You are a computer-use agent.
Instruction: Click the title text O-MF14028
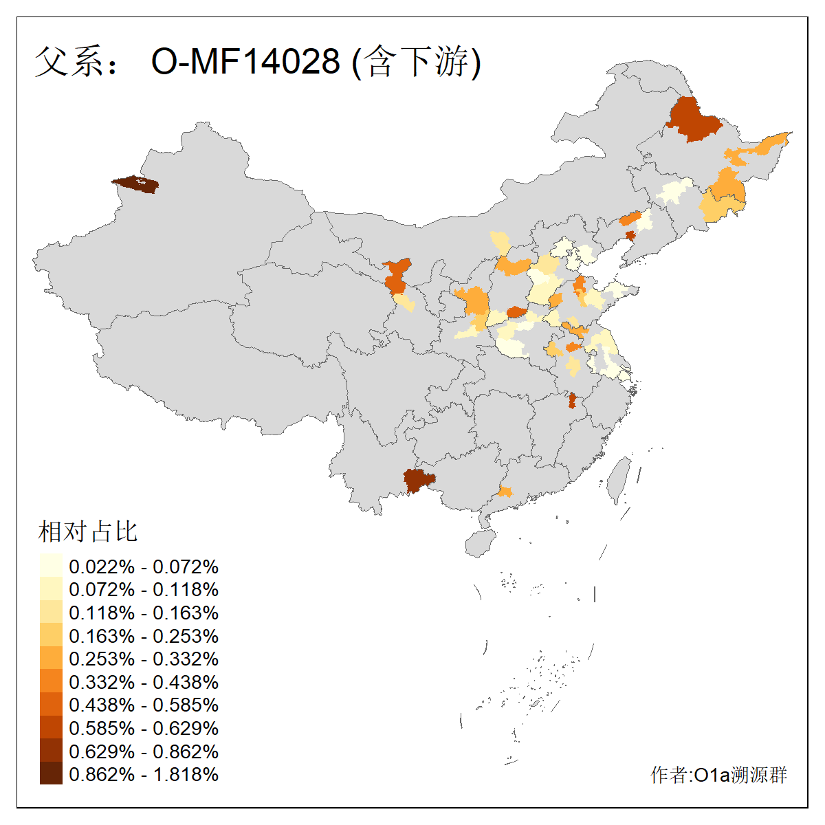pyautogui.click(x=245, y=62)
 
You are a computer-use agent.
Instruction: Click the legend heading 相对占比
pyautogui.click(x=88, y=531)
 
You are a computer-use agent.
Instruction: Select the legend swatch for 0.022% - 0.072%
pyautogui.click(x=51, y=566)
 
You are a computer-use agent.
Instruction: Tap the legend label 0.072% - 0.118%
pyautogui.click(x=144, y=589)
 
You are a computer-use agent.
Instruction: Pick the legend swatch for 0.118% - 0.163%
pyautogui.click(x=51, y=612)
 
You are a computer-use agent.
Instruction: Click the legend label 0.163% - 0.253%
pyautogui.click(x=144, y=636)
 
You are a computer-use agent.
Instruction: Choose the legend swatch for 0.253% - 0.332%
pyautogui.click(x=51, y=659)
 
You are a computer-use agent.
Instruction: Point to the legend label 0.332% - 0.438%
pyautogui.click(x=144, y=682)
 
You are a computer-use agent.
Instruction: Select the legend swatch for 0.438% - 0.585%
pyautogui.click(x=51, y=705)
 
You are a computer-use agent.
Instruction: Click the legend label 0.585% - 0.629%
pyautogui.click(x=144, y=728)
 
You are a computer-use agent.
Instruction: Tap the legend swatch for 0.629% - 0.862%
pyautogui.click(x=51, y=751)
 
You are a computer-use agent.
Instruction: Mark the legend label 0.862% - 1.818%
pyautogui.click(x=144, y=774)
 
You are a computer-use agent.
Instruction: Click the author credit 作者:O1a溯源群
pyautogui.click(x=718, y=775)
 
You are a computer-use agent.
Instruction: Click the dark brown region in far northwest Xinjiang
pyautogui.click(x=135, y=184)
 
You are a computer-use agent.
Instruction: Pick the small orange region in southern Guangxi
pyautogui.click(x=505, y=492)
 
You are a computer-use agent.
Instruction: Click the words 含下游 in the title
pyautogui.click(x=416, y=62)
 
